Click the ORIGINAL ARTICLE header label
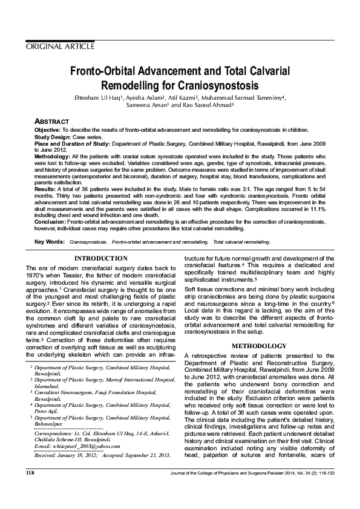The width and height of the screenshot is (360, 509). point(60,46)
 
